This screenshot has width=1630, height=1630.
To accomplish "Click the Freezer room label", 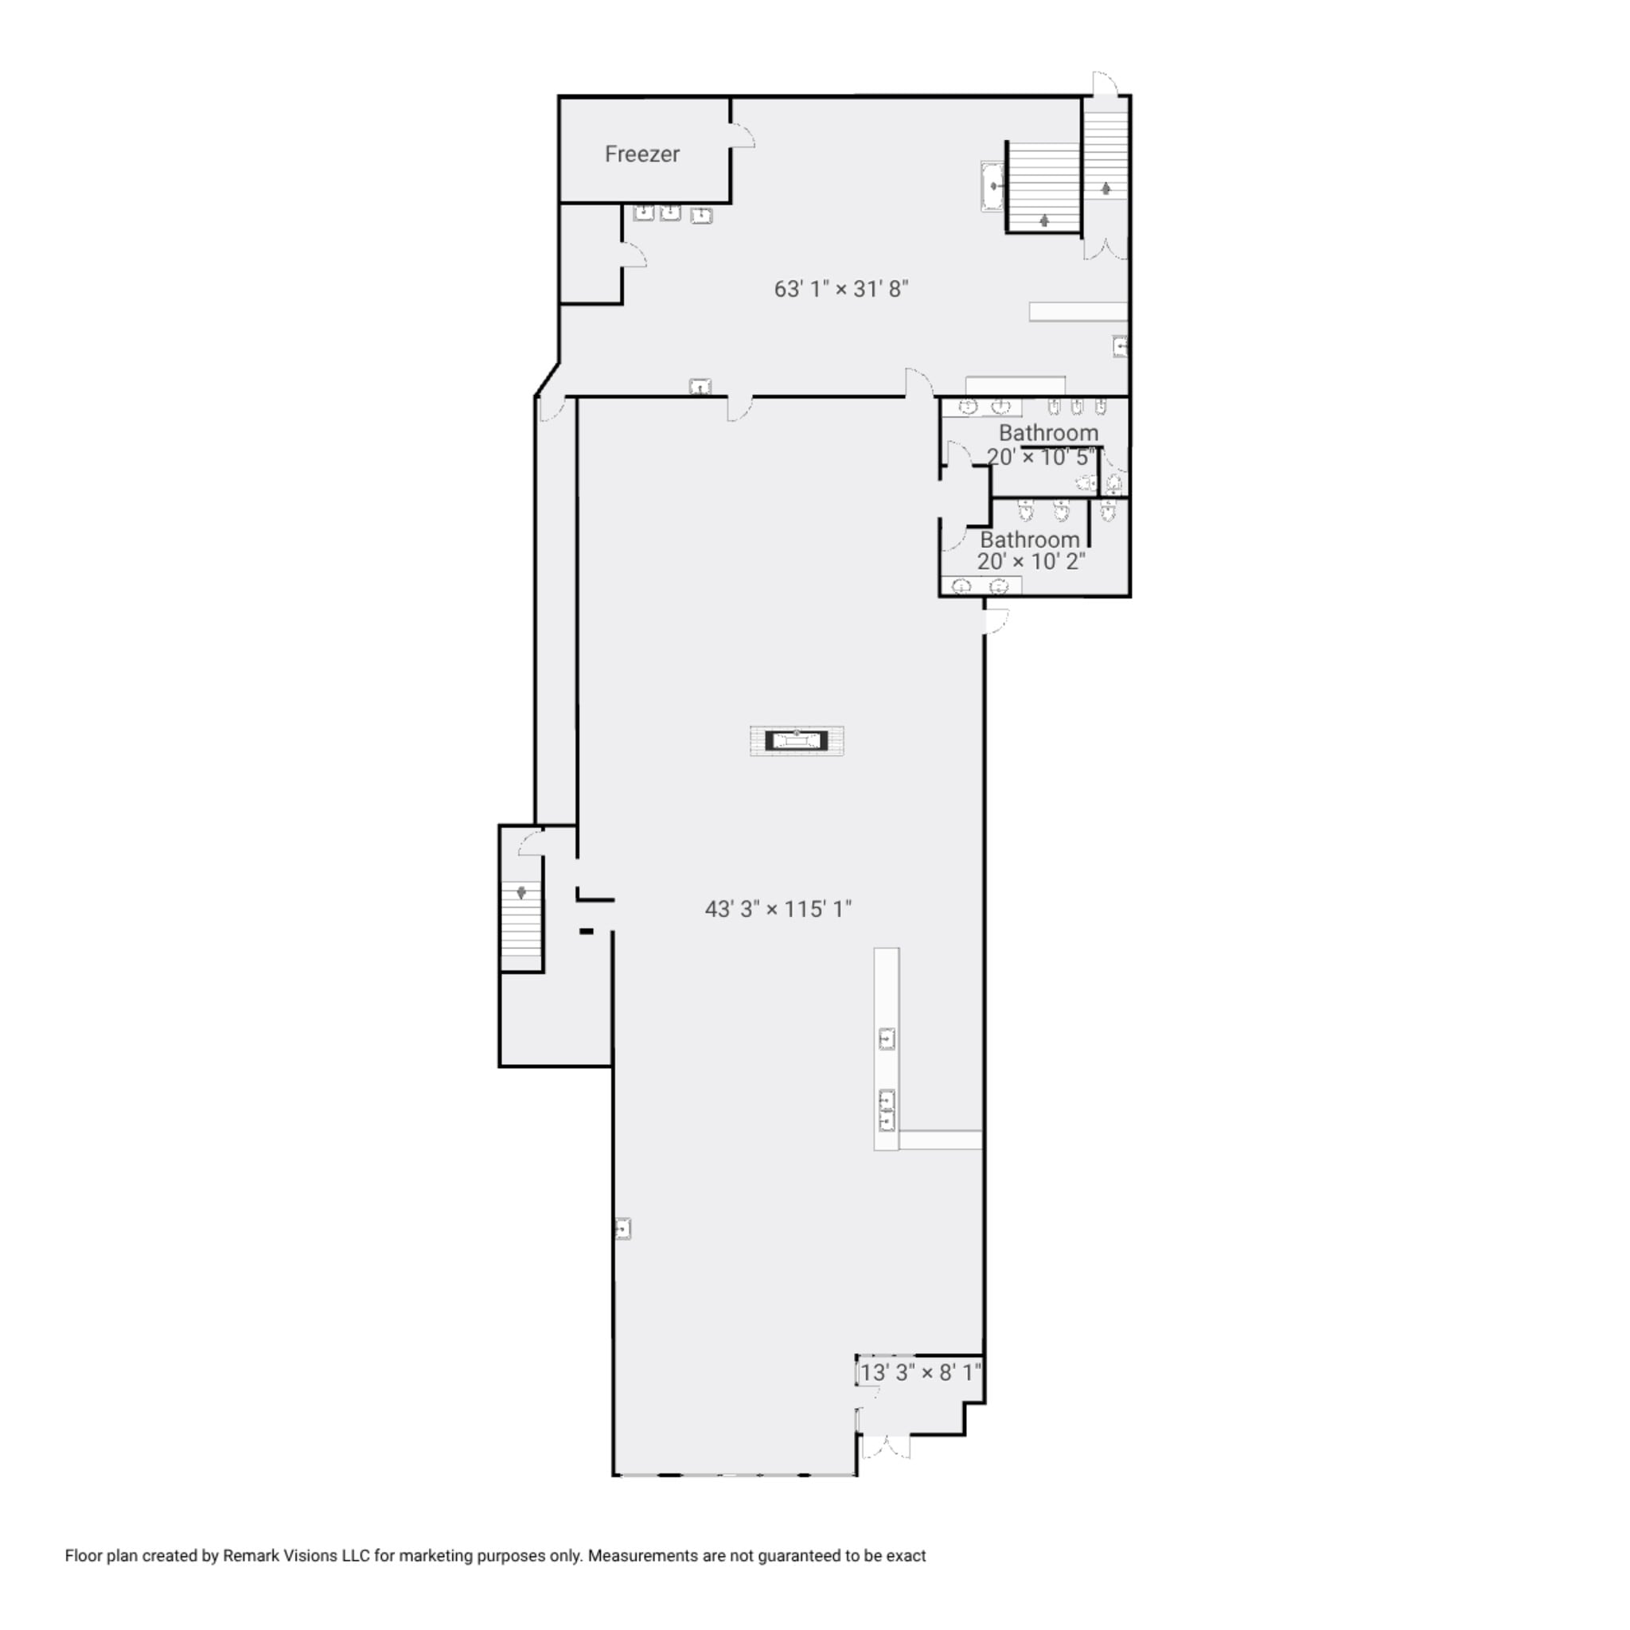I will pos(642,154).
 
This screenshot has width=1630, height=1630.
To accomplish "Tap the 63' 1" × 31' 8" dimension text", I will pos(840,290).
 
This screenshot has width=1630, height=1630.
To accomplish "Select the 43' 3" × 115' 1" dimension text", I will pos(778,910).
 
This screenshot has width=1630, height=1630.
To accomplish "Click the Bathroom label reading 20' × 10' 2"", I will pos(1030,551).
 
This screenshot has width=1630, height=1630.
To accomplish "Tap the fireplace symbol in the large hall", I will pos(797,741).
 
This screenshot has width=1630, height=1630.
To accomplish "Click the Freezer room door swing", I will pos(743,136).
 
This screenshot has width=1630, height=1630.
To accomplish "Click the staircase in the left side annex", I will pos(521,926).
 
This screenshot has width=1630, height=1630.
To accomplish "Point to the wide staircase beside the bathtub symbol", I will pos(1044,185).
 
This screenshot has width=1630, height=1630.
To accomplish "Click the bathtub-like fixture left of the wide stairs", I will pos(992,185).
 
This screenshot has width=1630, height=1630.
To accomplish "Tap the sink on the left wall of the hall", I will pos(622,1229).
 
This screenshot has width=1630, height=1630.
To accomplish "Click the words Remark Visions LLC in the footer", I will pos(296,1556).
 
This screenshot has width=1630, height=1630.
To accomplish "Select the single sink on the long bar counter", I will pos(887,1039).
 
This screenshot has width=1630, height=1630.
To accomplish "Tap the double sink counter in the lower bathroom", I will pos(981,586).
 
